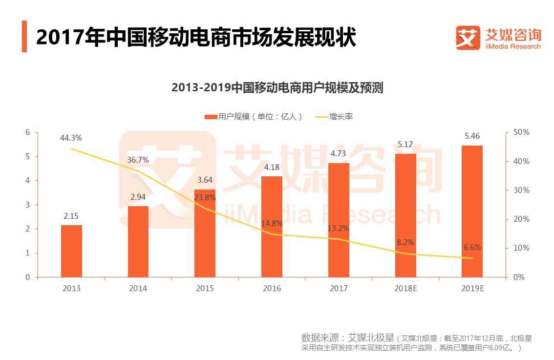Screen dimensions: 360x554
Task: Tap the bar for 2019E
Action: [x=472, y=211]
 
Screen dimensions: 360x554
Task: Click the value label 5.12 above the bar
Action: [x=405, y=144]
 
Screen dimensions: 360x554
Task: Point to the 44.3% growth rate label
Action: [x=71, y=138]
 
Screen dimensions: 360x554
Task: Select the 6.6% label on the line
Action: [x=472, y=248]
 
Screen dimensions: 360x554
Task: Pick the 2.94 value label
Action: [x=138, y=197]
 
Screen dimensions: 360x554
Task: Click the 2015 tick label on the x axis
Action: [x=205, y=288]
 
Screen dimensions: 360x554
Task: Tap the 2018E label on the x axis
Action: [x=405, y=288]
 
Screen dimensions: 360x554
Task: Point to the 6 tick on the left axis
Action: [x=28, y=132]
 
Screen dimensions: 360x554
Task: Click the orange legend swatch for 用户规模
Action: [x=211, y=117]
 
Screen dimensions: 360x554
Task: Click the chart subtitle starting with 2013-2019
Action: [x=277, y=88]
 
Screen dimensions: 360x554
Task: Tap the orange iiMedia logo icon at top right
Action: [x=468, y=38]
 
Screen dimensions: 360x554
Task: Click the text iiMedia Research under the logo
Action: [x=512, y=46]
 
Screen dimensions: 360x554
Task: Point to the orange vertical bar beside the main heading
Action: [x=24, y=37]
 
